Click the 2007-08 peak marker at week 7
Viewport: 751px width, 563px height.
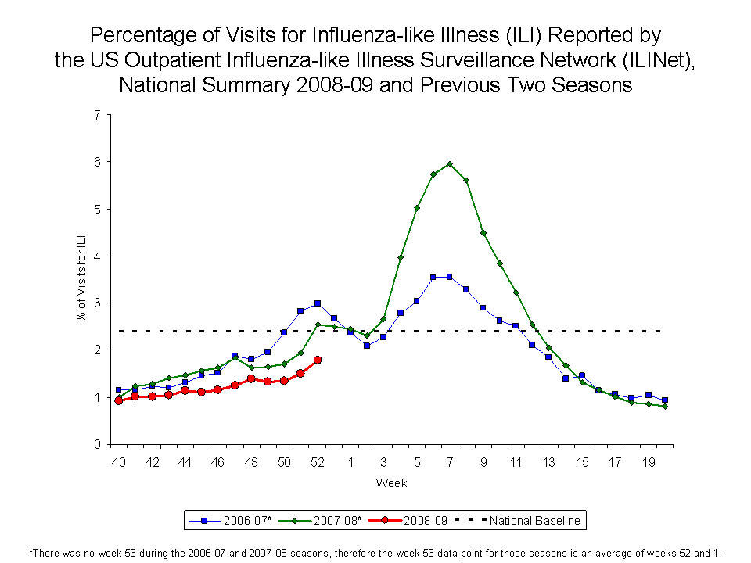(450, 163)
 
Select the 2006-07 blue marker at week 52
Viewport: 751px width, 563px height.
(318, 303)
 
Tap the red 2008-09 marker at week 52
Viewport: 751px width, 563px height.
(318, 360)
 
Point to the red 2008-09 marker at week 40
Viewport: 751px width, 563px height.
(118, 400)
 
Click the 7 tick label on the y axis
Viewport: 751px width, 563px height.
(96, 115)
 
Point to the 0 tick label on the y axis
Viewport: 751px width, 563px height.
(96, 444)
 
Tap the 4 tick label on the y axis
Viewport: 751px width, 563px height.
(96, 256)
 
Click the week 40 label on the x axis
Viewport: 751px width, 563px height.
(118, 462)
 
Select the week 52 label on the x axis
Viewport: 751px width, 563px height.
(318, 462)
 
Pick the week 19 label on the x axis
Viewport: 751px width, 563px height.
(649, 462)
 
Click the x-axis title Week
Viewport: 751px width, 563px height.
(391, 482)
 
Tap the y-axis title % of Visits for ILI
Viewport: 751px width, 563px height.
(81, 279)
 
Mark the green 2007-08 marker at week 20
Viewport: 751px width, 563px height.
(665, 407)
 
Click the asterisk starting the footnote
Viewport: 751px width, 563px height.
(31, 550)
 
